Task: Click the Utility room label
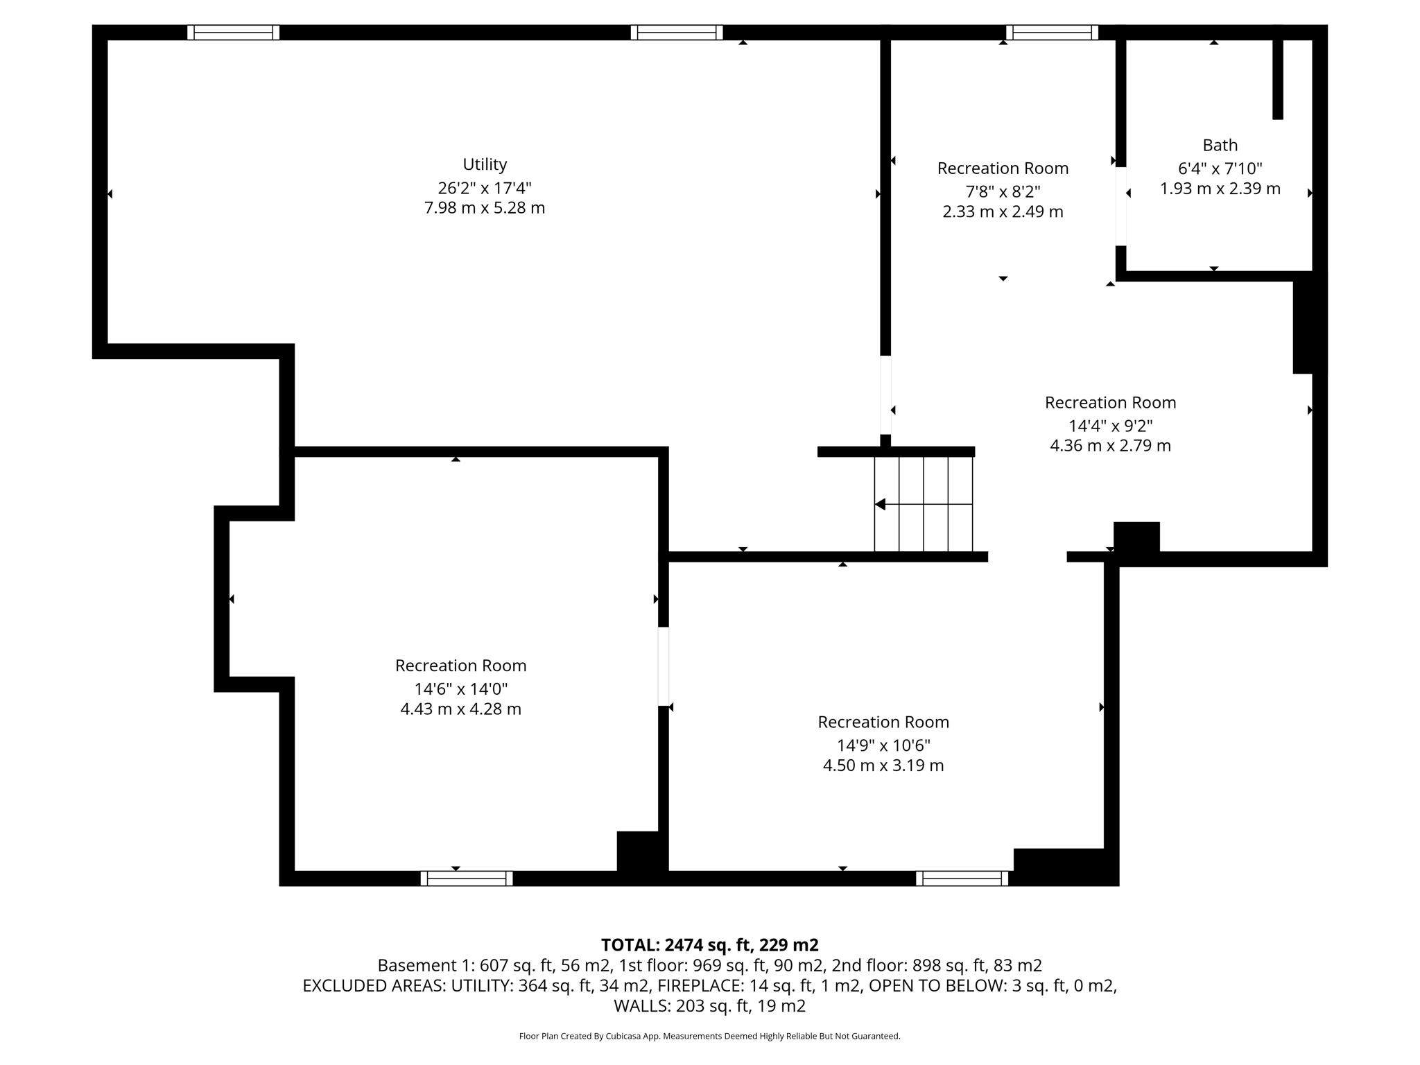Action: tap(485, 164)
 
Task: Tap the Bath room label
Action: tap(1220, 145)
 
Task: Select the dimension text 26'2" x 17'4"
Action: tap(485, 188)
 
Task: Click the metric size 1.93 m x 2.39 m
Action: tap(1220, 189)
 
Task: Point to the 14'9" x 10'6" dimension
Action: tap(883, 745)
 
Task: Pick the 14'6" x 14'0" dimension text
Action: tap(460, 689)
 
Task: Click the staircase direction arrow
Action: tap(881, 504)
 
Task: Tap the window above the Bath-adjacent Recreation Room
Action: tap(1052, 33)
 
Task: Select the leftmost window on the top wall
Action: tap(233, 33)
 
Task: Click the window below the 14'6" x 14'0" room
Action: tap(466, 878)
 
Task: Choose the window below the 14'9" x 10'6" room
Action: tap(962, 878)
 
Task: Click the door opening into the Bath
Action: tap(1120, 207)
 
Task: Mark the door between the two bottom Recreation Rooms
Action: tap(664, 666)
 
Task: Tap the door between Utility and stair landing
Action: tap(885, 395)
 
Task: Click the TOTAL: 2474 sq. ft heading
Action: tap(709, 945)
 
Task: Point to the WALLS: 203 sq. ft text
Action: tap(709, 1005)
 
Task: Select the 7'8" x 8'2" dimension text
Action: tap(1003, 191)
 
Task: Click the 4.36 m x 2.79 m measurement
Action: tap(1110, 446)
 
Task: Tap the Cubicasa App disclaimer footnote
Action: tap(709, 1036)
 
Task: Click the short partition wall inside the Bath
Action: tap(1278, 76)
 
